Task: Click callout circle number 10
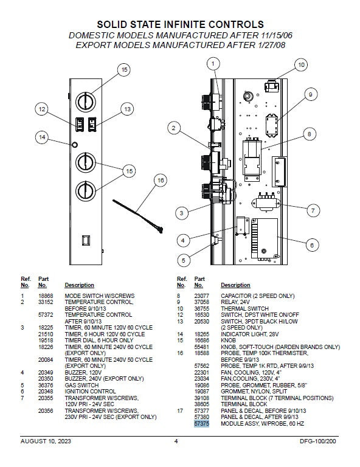pyautogui.click(x=301, y=65)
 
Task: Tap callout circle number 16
pyautogui.click(x=161, y=181)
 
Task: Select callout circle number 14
pyautogui.click(x=42, y=137)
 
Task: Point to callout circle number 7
pyautogui.click(x=313, y=210)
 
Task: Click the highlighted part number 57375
pyautogui.click(x=202, y=423)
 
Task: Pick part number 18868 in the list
pyautogui.click(x=46, y=296)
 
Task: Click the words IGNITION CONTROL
pyautogui.click(x=90, y=392)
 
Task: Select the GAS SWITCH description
pyautogui.click(x=81, y=385)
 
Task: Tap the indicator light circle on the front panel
pyautogui.click(x=74, y=145)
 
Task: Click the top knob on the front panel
pyautogui.click(x=86, y=102)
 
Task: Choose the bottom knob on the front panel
pyautogui.click(x=86, y=191)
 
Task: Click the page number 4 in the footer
pyautogui.click(x=176, y=441)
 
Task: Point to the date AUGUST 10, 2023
pyautogui.click(x=46, y=441)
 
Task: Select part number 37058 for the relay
pyautogui.click(x=202, y=302)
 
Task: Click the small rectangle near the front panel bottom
pyautogui.click(x=86, y=240)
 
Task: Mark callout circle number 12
pyautogui.click(x=42, y=109)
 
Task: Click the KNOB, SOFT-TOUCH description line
pyautogui.click(x=280, y=347)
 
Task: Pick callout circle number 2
pyautogui.click(x=173, y=128)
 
